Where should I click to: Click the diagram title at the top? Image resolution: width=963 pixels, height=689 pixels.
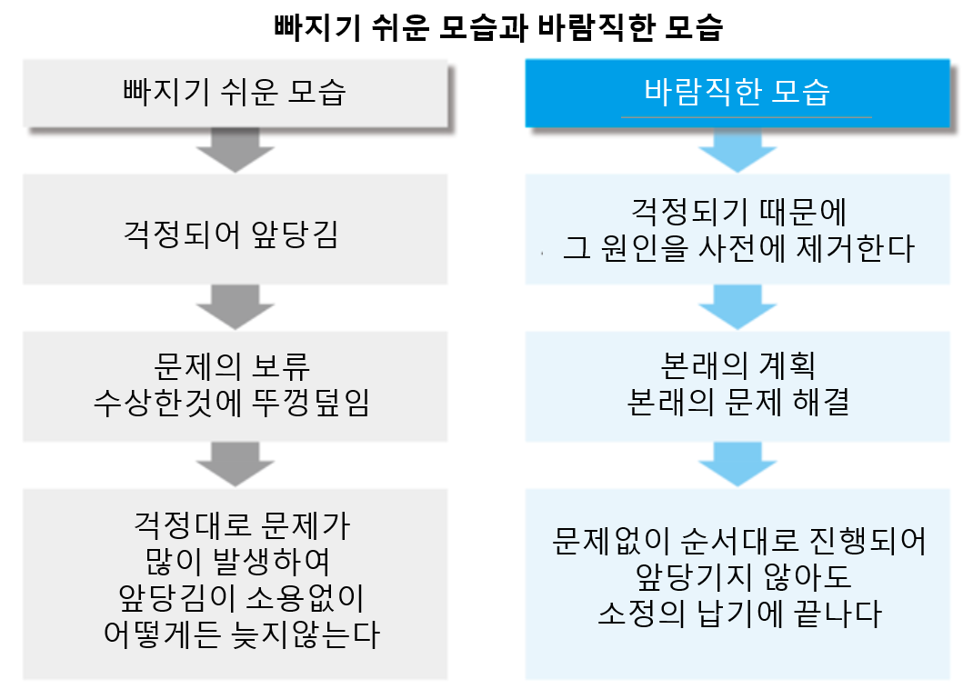tap(498, 27)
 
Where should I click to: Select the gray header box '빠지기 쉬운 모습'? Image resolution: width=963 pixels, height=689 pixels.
tap(236, 94)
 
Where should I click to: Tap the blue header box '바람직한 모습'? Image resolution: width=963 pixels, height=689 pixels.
tap(737, 94)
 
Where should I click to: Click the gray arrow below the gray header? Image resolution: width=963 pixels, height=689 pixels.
tap(236, 150)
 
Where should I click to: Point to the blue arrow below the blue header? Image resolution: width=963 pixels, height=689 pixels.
tap(737, 150)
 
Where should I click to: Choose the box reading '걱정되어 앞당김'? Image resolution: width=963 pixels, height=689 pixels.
tap(236, 229)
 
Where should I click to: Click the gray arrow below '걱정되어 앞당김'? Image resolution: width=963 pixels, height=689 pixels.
tap(236, 307)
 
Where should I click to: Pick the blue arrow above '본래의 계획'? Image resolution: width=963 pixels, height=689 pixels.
tap(737, 307)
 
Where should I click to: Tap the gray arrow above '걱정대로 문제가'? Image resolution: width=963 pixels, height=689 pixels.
tap(236, 464)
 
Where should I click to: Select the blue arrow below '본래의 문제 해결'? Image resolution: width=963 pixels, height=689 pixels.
tap(737, 464)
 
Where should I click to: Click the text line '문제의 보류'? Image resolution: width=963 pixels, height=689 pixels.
tap(232, 366)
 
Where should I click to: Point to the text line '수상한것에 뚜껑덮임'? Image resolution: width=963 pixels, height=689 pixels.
tap(232, 403)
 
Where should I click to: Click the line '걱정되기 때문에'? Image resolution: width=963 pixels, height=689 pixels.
tap(738, 212)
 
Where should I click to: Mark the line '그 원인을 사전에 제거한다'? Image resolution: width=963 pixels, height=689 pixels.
tap(738, 249)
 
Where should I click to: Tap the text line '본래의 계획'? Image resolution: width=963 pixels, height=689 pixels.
tap(737, 366)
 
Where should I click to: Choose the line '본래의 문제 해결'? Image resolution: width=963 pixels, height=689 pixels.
tap(737, 403)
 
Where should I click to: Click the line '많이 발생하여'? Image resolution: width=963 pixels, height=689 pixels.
tap(237, 561)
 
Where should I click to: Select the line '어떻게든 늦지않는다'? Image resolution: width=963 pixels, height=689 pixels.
tap(241, 634)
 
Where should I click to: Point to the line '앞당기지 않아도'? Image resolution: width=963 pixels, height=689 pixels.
tap(743, 576)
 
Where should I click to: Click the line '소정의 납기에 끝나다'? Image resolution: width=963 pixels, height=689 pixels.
tap(739, 614)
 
